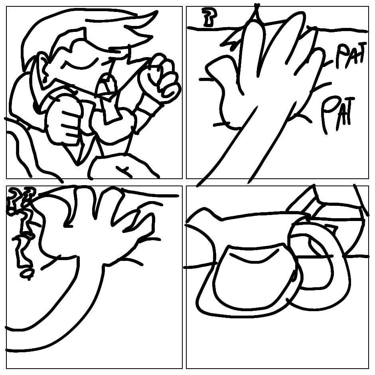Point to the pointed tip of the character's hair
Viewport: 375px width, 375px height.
tap(157, 12)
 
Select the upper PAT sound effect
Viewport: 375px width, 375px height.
tap(351, 55)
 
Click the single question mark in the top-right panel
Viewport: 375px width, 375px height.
tap(209, 17)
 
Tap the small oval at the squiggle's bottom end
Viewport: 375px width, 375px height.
tap(26, 273)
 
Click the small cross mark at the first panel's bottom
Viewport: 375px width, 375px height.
tap(124, 171)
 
